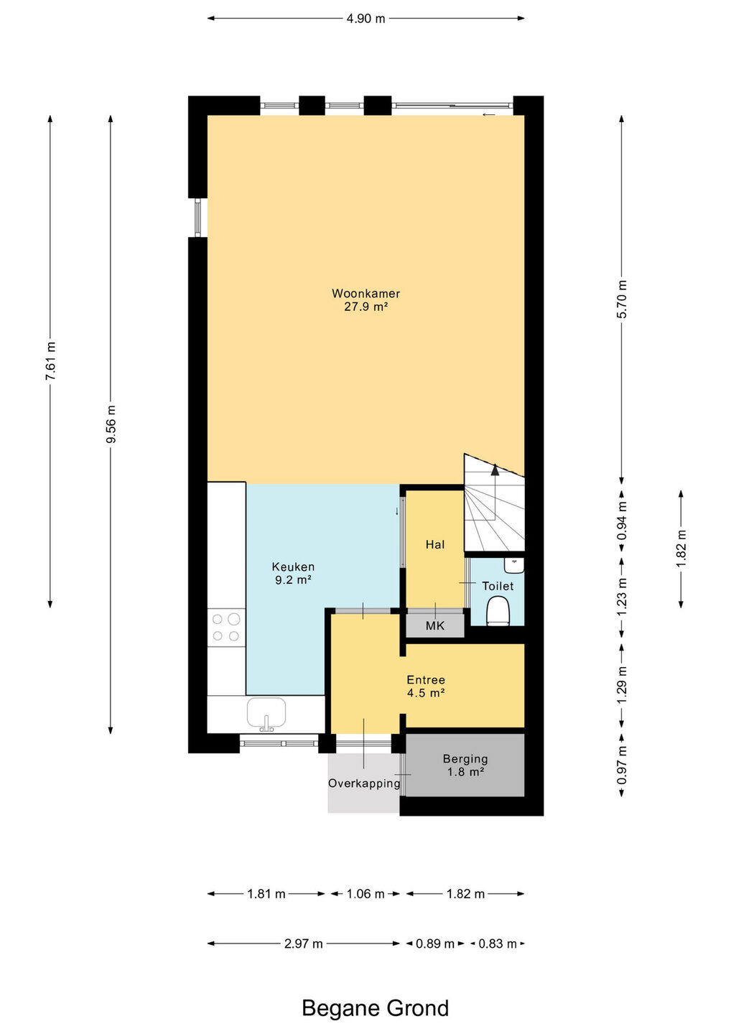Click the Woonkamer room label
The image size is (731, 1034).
coord(365,299)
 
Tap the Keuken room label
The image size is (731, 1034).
coord(293,573)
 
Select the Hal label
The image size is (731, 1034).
coord(434,545)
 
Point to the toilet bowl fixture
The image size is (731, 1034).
coord(498,610)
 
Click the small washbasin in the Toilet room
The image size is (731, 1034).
coord(514,565)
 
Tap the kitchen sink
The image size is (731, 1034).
coord(266,712)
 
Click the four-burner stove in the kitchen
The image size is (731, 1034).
coord(226,628)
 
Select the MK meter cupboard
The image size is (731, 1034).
coord(434,625)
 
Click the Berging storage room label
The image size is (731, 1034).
coord(465,765)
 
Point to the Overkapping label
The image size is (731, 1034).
coord(364,783)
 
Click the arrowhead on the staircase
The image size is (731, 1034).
coord(495,470)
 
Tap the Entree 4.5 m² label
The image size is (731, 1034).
coord(426,686)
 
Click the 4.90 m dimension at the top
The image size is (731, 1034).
coord(365,19)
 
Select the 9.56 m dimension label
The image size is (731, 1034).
coord(111,424)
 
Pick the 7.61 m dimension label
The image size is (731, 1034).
coord(50,361)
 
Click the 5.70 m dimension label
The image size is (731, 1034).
coord(622,299)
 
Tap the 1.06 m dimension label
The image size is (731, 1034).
coord(365,894)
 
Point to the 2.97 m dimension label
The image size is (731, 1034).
coord(303,944)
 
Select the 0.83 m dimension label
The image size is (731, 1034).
coord(498,944)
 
